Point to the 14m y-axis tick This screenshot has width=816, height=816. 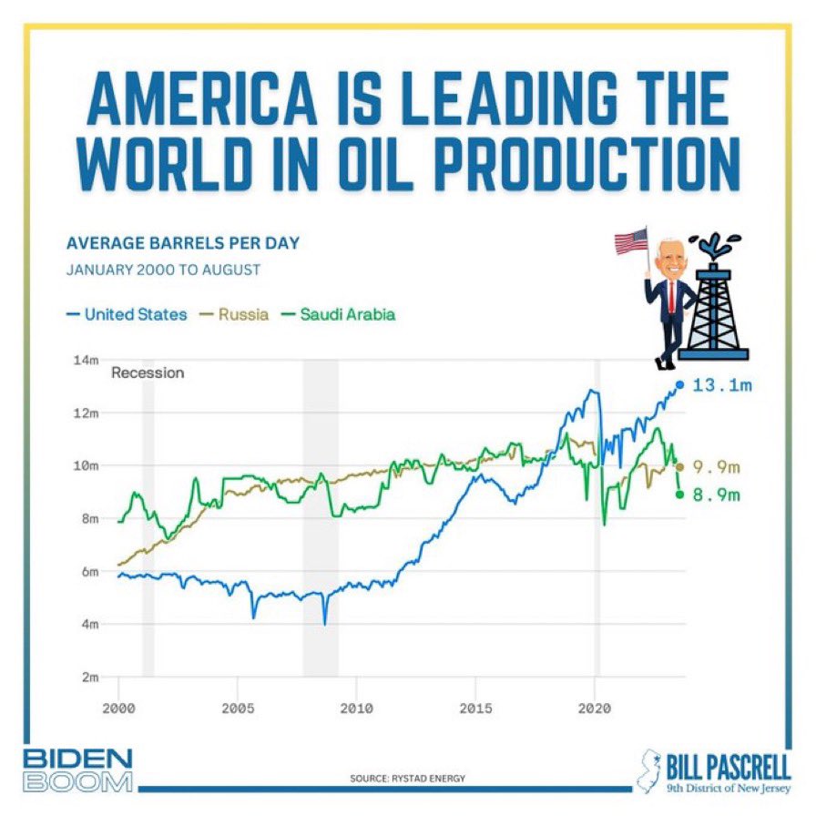pyautogui.click(x=87, y=360)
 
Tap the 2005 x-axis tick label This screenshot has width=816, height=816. pyautogui.click(x=238, y=707)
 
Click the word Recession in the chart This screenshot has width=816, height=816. pyautogui.click(x=148, y=372)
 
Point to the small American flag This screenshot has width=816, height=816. pyautogui.click(x=631, y=240)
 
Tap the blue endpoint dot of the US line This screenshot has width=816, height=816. pyautogui.click(x=680, y=385)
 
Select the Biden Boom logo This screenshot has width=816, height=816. pyautogui.click(x=77, y=770)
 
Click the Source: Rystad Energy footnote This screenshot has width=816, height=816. pyautogui.click(x=408, y=779)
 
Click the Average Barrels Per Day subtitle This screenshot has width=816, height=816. pyautogui.click(x=182, y=244)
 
